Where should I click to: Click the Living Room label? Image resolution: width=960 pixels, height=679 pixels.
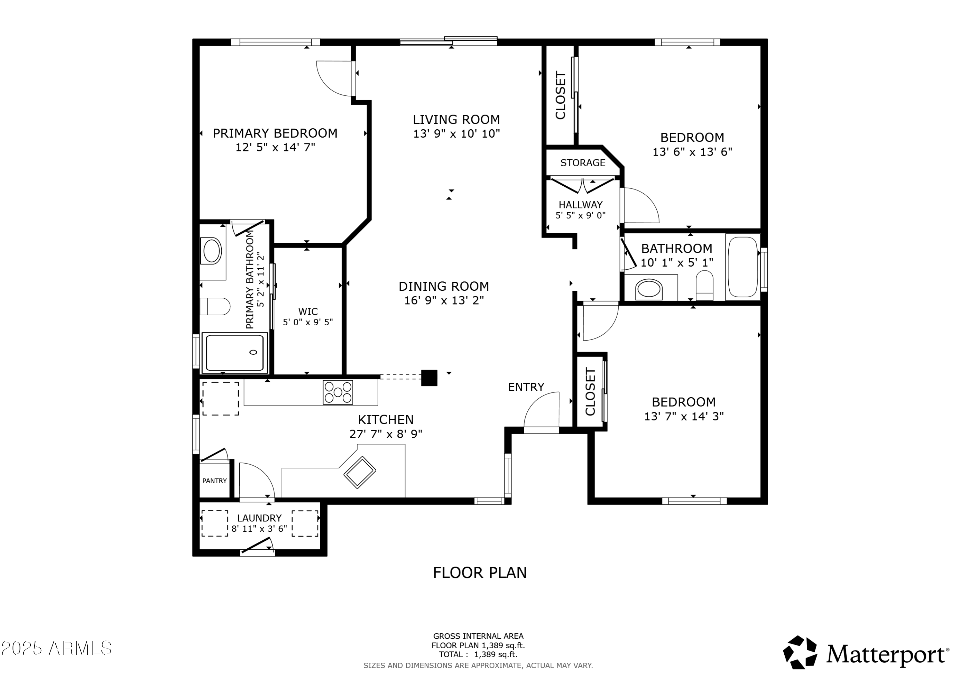pos(456,120)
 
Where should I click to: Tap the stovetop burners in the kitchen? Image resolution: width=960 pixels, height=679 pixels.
pos(338,392)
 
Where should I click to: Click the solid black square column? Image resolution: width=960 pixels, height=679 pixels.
pos(429,378)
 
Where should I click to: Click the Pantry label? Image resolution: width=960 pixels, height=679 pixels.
pos(214,481)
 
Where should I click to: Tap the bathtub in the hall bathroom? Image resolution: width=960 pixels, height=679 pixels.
pos(743,267)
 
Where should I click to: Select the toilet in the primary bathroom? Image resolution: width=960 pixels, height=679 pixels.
pos(215,306)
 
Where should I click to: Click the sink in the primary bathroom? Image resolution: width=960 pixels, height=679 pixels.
pos(212,251)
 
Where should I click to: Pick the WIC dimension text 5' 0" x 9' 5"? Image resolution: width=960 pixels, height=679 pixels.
pos(308,322)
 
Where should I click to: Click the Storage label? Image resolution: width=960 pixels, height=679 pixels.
pos(582,163)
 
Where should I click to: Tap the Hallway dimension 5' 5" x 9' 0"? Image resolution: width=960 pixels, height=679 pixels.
pos(580,215)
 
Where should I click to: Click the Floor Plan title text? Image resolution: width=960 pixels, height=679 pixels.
pos(480,573)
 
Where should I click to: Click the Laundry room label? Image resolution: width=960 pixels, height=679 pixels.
pos(259,518)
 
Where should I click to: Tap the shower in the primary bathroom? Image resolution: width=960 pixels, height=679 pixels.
pos(235,352)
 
